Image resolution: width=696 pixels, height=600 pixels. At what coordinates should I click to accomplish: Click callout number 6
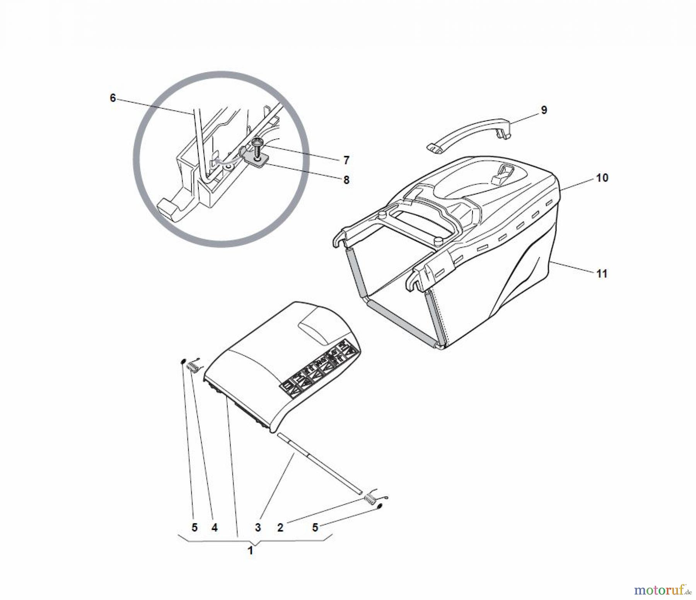coord(113,98)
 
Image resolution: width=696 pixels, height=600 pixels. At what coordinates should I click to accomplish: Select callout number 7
coord(346,160)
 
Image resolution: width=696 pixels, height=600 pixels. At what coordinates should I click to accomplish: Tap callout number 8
coord(346,180)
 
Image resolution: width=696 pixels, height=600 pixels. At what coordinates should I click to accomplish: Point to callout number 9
coord(544,110)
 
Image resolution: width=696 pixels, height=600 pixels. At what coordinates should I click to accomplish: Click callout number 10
coord(602,178)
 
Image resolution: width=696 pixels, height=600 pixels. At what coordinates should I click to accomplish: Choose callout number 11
coord(602,274)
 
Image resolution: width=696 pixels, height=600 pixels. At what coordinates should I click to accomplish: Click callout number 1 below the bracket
coord(250,551)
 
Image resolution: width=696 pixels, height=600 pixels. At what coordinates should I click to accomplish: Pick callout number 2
coord(280,527)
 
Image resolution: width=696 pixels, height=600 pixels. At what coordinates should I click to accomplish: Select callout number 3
coord(258,527)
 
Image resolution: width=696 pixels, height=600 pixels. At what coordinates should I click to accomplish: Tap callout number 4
coord(214,527)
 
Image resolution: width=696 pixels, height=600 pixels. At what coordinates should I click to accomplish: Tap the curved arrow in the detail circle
coord(228,159)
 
